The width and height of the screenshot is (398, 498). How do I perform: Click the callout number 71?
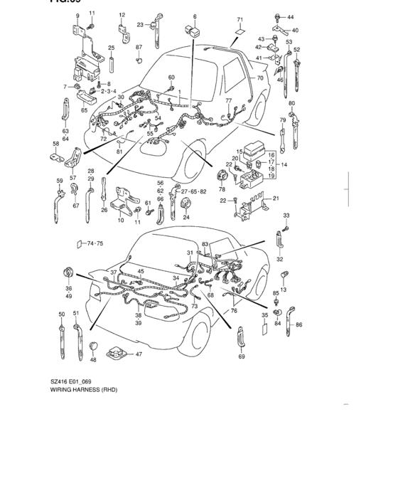click(240, 19)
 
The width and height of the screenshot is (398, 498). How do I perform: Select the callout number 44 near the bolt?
click(289, 16)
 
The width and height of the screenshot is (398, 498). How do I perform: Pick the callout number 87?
click(139, 46)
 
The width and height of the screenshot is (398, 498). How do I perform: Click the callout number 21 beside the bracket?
click(276, 198)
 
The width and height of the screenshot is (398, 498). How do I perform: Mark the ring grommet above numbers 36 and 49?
click(69, 271)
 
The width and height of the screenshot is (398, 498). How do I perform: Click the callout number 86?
click(298, 324)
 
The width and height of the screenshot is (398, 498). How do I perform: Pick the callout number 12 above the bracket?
click(122, 15)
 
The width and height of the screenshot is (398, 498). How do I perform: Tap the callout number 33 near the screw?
click(286, 215)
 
